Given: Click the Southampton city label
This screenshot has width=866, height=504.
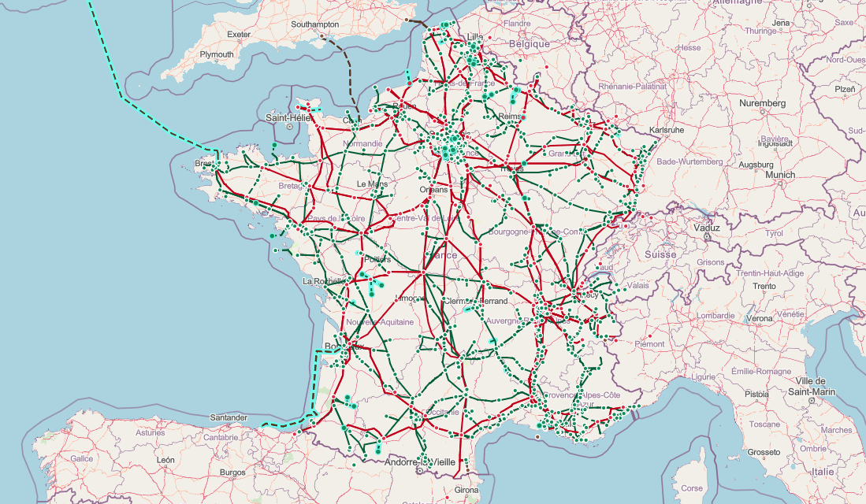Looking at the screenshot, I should tap(314, 24).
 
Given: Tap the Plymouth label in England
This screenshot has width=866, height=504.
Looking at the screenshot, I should tap(217, 54).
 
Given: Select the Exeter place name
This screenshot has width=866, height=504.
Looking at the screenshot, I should tap(238, 35).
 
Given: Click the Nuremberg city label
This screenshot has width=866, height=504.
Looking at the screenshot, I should tap(762, 103).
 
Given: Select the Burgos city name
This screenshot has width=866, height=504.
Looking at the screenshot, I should tap(232, 472).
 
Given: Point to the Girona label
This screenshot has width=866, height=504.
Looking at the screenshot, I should tap(466, 490).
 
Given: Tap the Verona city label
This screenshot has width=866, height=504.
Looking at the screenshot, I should tap(759, 318).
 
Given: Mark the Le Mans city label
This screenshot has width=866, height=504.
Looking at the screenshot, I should tap(372, 183).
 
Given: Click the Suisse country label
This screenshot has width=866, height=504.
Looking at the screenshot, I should tap(660, 254).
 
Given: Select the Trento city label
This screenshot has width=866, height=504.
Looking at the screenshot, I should tap(764, 286).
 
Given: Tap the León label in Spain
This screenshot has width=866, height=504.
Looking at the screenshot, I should tap(165, 459).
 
